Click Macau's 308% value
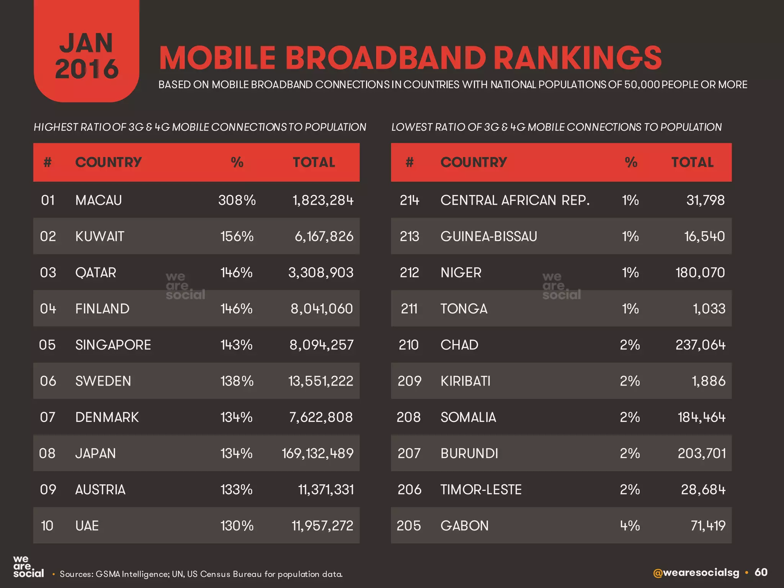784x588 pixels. (x=237, y=200)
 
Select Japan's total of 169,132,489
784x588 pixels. (x=317, y=453)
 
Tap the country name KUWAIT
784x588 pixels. (x=100, y=236)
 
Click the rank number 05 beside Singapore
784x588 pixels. (x=47, y=345)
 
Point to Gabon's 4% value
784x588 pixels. (x=630, y=526)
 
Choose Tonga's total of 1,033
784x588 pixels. (x=709, y=309)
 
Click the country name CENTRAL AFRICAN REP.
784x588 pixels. (x=515, y=200)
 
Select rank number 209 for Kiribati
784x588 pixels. (x=409, y=381)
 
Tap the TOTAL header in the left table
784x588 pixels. (x=314, y=162)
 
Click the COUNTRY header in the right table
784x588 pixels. (x=474, y=162)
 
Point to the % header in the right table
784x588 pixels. (x=631, y=162)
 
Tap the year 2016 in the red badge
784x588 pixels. (x=87, y=69)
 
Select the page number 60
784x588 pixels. (x=761, y=572)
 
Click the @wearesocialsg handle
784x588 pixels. (x=696, y=573)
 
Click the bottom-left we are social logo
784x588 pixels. (x=28, y=567)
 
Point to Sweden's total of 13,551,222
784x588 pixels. (x=320, y=381)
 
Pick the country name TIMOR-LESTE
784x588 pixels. (x=481, y=490)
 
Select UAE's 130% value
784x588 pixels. (x=237, y=526)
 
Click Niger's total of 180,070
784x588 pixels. (x=700, y=273)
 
